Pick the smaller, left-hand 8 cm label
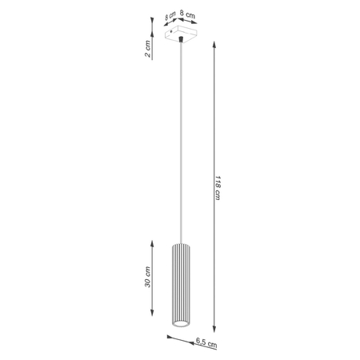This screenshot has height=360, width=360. click(170, 15)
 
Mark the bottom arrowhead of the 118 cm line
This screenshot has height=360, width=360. click(215, 328)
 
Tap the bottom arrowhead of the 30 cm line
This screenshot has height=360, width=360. click(152, 328)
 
